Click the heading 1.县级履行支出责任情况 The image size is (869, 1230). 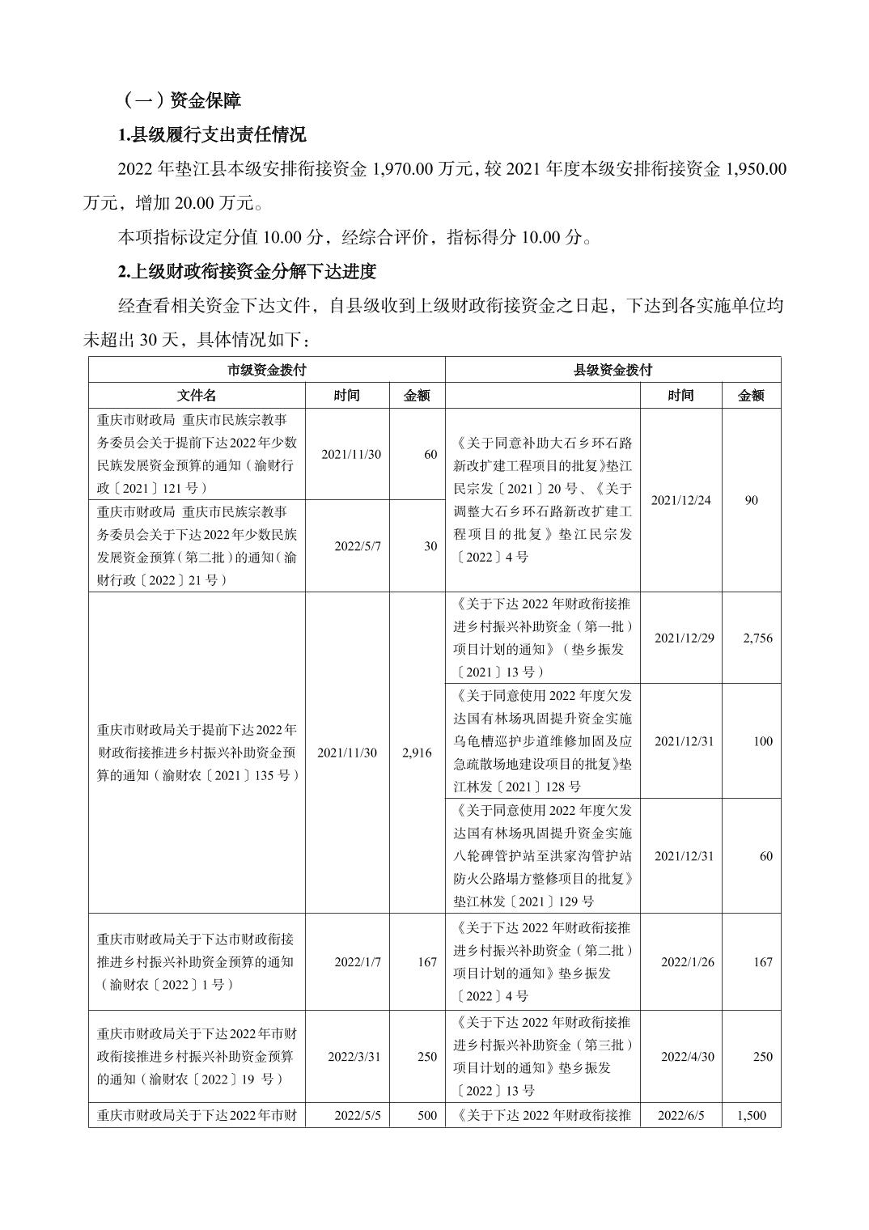[212, 134]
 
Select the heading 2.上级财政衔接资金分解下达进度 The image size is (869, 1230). [248, 271]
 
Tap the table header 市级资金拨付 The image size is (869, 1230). [267, 370]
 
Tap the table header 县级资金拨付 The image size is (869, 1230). [613, 370]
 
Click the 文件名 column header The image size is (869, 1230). [197, 395]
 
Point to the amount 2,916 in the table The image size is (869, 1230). [417, 753]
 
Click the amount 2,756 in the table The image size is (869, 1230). [757, 638]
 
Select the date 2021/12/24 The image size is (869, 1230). [680, 500]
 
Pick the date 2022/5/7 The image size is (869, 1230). [352, 546]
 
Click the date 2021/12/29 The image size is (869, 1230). [684, 638]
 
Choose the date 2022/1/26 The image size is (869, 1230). [687, 962]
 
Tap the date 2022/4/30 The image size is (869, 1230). [687, 1056]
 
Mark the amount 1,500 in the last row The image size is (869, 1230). [751, 1115]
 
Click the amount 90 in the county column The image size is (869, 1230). [751, 500]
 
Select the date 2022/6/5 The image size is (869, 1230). [680, 1115]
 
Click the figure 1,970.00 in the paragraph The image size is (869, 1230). [405, 169]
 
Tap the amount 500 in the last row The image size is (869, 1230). [426, 1115]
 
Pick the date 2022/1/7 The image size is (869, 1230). [357, 962]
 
